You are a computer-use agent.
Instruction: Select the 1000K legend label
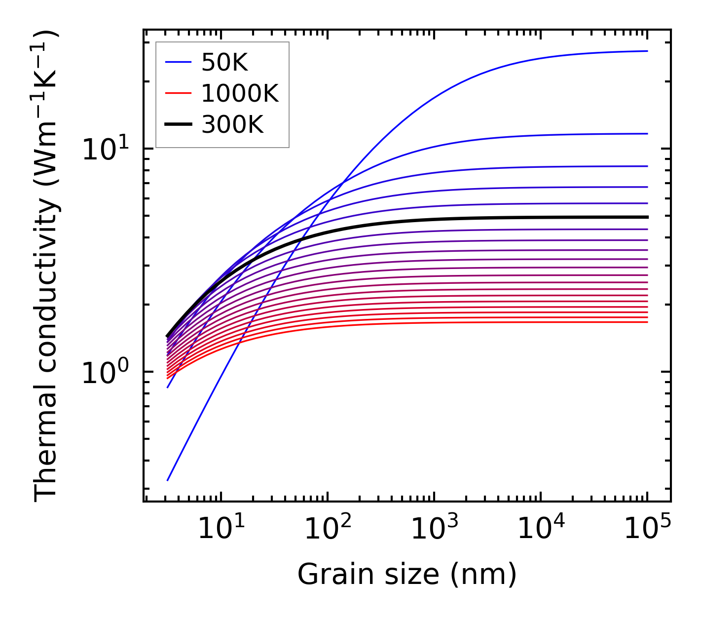point(240,93)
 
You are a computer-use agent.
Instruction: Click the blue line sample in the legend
point(178,62)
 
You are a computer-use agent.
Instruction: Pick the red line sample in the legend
point(178,93)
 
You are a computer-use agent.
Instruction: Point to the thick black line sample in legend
point(178,124)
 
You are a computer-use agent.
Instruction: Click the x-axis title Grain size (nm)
point(407,575)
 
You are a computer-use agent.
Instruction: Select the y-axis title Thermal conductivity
point(46,266)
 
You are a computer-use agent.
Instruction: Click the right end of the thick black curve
point(647,217)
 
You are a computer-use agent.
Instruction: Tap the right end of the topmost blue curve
point(647,51)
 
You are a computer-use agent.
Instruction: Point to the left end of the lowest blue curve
point(168,480)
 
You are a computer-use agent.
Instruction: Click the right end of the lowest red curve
point(647,322)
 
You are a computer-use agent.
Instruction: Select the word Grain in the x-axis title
point(324,575)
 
